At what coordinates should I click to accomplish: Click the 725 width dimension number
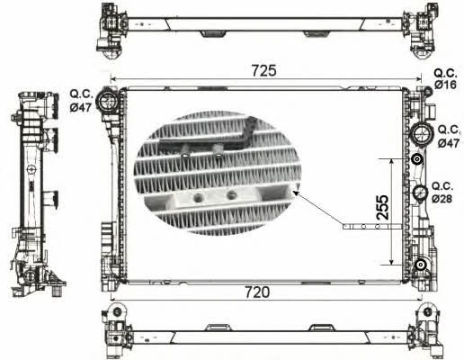(x=264, y=71)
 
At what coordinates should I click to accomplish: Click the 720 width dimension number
(x=257, y=292)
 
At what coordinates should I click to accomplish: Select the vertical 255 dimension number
(x=382, y=207)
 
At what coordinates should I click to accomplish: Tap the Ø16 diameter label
(x=445, y=85)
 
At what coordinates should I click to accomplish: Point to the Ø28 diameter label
(x=442, y=198)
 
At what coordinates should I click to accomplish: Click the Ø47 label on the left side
(x=80, y=107)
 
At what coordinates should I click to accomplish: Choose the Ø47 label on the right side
(x=449, y=143)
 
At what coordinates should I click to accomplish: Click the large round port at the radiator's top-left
(x=107, y=102)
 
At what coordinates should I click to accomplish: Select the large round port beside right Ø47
(x=423, y=134)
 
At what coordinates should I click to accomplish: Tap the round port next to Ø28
(x=420, y=192)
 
